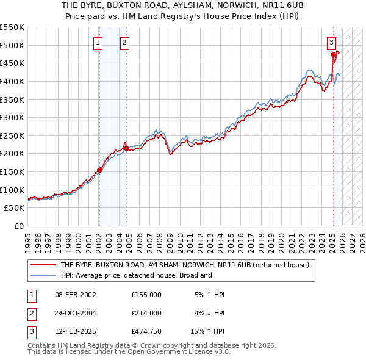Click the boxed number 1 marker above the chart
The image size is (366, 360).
(x=98, y=42)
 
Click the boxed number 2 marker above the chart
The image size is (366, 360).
(x=124, y=42)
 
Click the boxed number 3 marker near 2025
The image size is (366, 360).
(x=331, y=42)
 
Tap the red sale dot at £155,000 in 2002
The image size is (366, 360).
(x=99, y=170)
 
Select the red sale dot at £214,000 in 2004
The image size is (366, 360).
(x=126, y=148)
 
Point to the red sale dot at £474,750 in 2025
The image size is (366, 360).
(x=333, y=54)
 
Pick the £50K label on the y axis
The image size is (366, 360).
(x=15, y=207)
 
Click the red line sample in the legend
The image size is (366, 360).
(x=42, y=265)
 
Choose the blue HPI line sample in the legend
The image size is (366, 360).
(x=42, y=275)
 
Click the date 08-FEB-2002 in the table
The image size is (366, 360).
(x=75, y=295)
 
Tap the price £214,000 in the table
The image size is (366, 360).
(x=146, y=313)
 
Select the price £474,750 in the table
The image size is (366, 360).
(x=146, y=331)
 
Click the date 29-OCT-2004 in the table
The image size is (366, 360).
(x=75, y=313)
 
